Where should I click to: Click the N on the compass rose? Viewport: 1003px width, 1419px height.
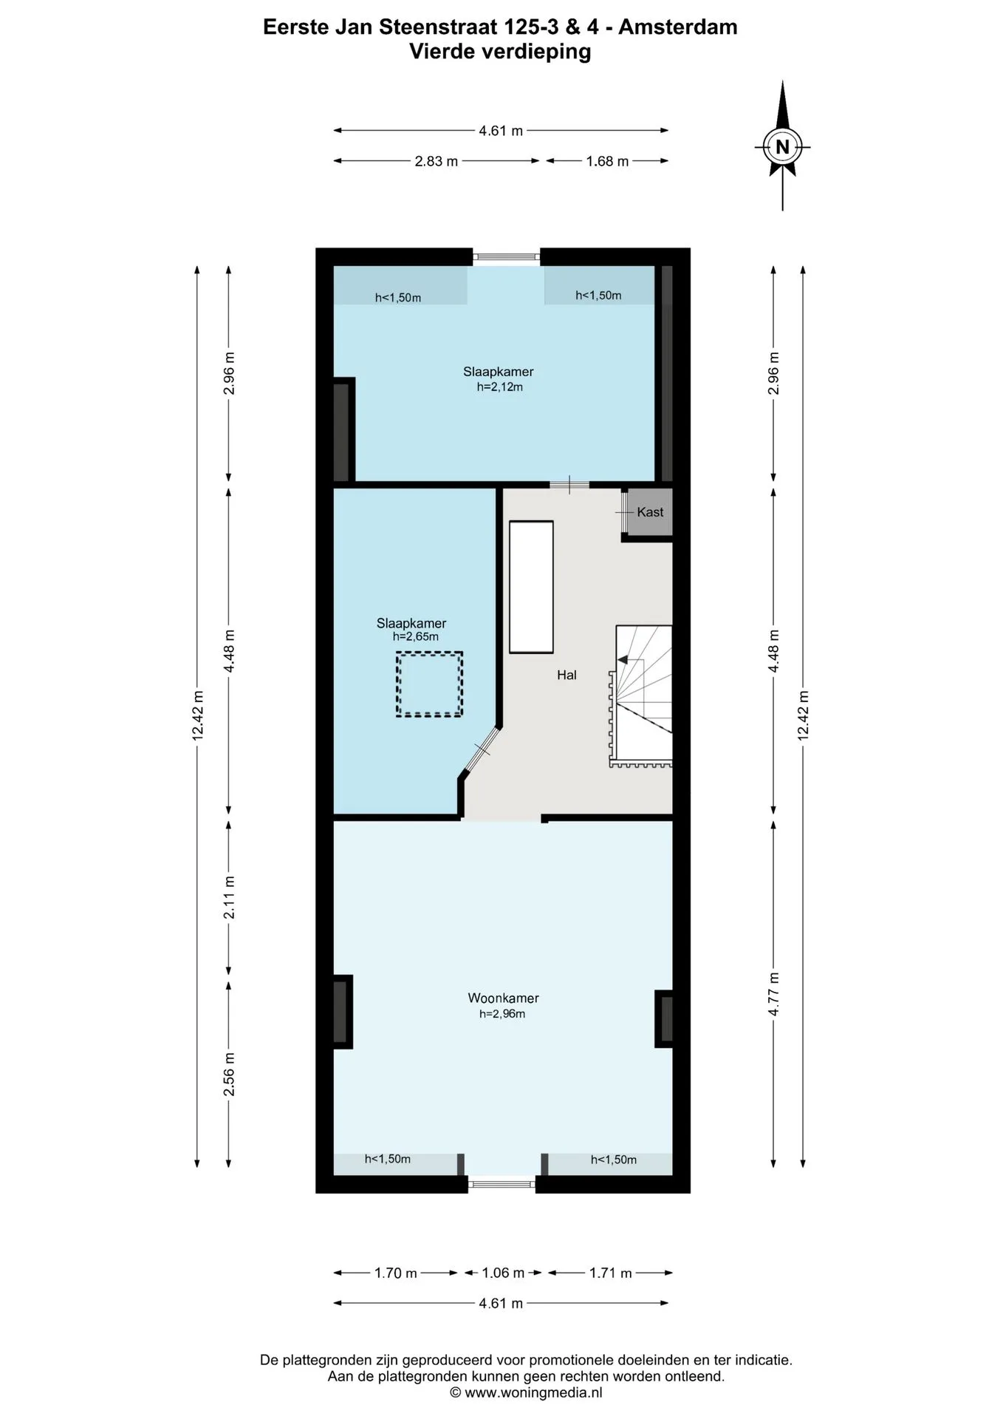coord(782,147)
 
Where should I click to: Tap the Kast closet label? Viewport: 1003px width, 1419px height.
coord(650,512)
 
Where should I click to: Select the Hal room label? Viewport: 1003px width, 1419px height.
coord(566,675)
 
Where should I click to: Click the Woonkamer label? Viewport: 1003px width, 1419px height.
coord(503,998)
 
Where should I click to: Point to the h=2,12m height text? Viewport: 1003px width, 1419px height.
coord(500,387)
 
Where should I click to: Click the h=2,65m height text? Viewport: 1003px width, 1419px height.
coord(415,636)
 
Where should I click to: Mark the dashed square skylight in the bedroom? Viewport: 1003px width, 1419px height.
coord(429,684)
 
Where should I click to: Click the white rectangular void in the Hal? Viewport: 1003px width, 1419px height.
coord(531,587)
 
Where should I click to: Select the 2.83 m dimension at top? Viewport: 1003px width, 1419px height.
coord(437,161)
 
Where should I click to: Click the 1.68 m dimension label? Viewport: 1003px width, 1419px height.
coord(607,161)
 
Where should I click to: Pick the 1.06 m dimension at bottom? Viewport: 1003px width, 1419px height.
coord(503,1273)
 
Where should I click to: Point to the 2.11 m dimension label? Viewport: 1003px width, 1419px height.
coord(230,897)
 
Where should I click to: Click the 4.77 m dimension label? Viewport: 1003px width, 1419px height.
coord(774,994)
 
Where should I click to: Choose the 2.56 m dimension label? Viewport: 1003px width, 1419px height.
coord(230,1075)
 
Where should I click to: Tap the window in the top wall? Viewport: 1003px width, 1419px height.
coord(506,257)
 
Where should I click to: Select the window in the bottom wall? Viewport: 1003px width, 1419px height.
coord(502,1184)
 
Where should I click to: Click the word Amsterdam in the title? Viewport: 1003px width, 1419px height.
coord(677,27)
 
